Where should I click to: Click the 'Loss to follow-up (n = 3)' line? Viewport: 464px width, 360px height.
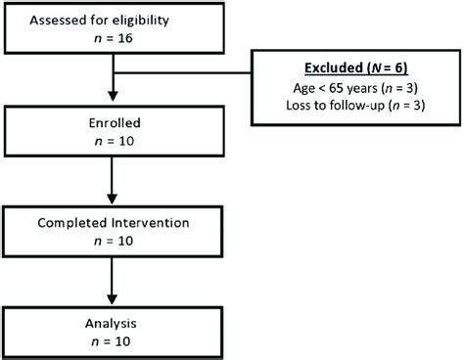point(356,109)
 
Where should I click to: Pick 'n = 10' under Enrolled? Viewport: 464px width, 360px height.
point(116,146)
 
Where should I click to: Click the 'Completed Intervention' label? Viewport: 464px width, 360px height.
point(116,224)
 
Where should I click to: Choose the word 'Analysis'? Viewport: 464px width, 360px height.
point(116,323)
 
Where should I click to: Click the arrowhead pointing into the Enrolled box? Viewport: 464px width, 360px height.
point(116,100)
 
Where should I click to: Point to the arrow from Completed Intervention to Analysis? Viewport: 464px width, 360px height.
point(116,284)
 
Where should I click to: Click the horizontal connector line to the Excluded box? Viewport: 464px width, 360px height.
point(186,72)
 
